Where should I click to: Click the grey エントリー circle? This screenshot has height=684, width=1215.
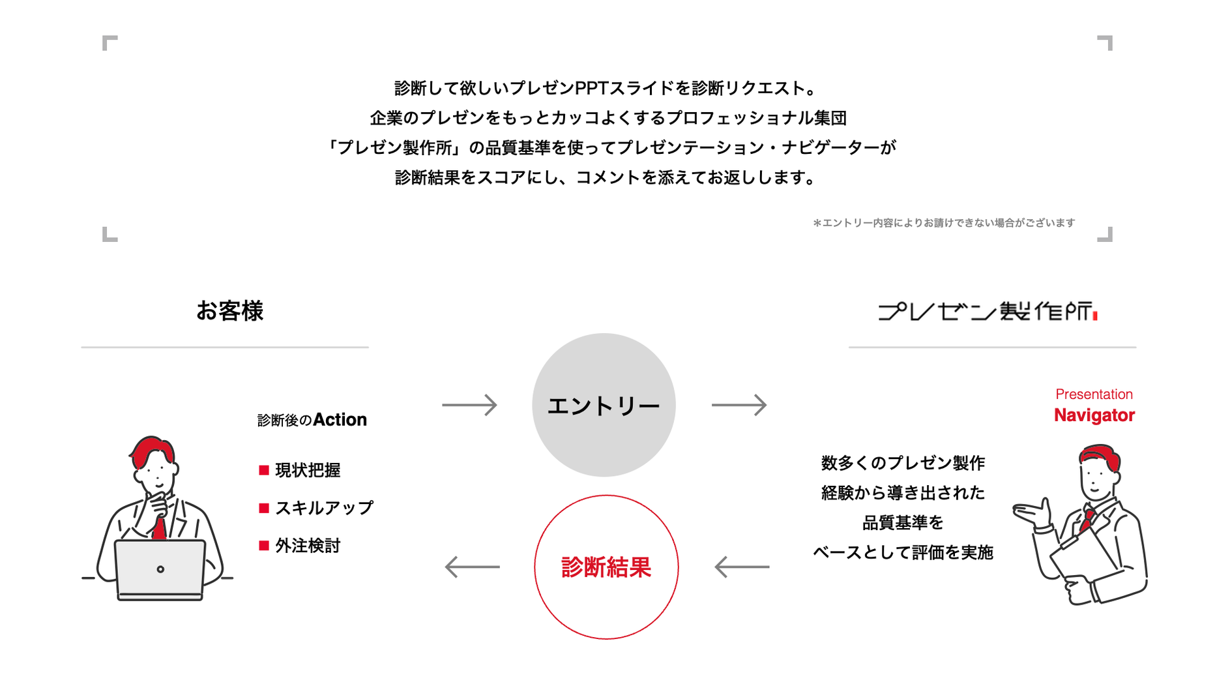[604, 405]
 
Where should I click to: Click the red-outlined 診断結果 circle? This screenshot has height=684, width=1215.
[606, 567]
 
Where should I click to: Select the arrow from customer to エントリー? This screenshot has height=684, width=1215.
[469, 405]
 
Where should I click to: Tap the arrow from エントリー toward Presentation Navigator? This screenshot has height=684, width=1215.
[739, 405]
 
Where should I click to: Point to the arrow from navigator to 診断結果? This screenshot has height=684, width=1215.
[742, 567]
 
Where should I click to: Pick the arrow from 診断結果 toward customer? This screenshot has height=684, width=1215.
[472, 567]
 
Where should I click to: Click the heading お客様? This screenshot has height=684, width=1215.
[229, 311]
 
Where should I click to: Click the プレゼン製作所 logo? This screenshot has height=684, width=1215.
[987, 312]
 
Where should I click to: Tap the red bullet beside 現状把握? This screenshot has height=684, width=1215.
[264, 470]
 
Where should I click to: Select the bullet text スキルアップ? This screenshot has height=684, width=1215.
[324, 508]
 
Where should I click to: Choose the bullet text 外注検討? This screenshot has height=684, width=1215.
[308, 546]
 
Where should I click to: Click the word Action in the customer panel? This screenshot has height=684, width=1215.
[340, 420]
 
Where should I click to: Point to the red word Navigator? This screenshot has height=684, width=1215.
[1094, 415]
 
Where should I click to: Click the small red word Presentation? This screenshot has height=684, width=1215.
[1094, 394]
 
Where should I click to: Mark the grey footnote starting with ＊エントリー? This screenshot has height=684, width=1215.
[943, 223]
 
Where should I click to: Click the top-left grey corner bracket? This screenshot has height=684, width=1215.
[110, 43]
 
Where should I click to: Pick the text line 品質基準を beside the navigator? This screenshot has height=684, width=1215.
[903, 523]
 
